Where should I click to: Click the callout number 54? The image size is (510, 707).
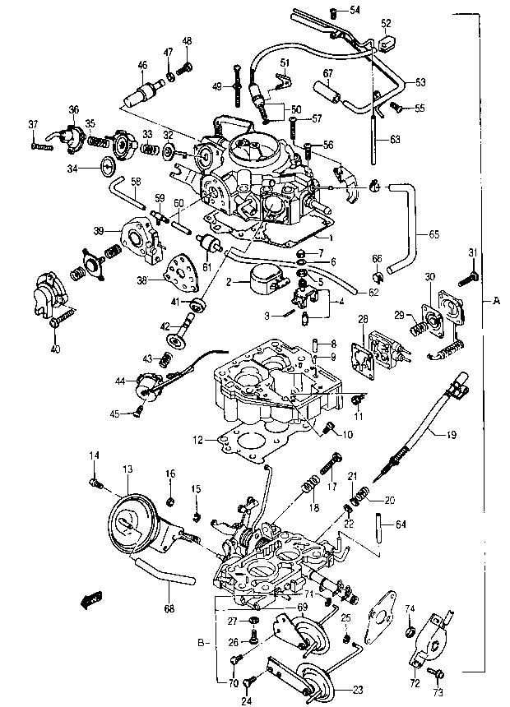(355, 10)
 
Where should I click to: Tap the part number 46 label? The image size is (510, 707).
(142, 66)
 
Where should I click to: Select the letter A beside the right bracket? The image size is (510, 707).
(496, 301)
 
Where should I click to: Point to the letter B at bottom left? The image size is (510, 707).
(201, 643)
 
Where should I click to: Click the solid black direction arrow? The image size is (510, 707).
(91, 599)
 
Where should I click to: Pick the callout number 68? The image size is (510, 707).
(169, 608)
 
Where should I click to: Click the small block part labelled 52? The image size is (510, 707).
(386, 43)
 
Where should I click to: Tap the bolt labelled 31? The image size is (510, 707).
(467, 278)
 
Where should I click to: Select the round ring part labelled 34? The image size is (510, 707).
(108, 165)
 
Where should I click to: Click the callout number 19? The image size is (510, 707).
(451, 435)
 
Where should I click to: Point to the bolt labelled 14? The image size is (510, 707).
(95, 484)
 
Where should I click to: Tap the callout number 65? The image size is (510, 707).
(433, 234)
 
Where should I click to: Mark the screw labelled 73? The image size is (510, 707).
(434, 673)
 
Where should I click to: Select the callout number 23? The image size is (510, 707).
(358, 690)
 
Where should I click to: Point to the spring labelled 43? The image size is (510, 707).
(165, 359)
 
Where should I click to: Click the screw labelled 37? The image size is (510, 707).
(42, 146)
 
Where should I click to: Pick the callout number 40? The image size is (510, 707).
(54, 349)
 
